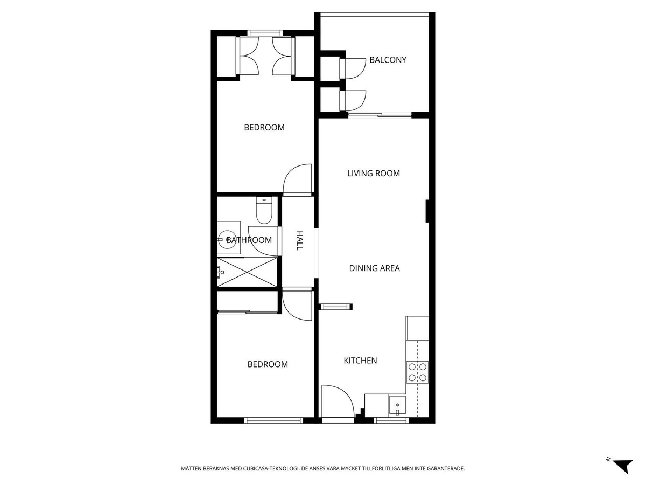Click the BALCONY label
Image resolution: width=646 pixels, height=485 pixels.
pos(388,60)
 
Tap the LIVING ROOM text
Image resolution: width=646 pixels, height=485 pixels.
pos(374,173)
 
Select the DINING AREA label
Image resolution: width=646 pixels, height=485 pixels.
pos(374,268)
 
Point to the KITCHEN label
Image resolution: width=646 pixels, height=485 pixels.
pos(360,361)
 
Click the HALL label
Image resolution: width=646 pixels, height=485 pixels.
pos(299,240)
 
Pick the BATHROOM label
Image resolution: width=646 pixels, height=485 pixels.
pos(249,240)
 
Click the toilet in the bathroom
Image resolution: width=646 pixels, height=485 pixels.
pos(264,210)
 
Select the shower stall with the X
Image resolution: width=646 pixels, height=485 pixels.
pos(247,272)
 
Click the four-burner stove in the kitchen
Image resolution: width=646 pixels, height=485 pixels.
pos(417,372)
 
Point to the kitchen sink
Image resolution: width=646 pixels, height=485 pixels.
pos(397,406)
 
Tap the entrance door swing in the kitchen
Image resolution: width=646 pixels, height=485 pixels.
pos(338,401)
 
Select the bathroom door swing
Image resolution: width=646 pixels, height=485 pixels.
pos(264,241)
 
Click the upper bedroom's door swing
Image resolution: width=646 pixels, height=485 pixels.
pos(297,179)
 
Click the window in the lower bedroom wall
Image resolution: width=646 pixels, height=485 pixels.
pos(273,420)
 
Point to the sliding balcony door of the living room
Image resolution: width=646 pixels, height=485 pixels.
pos(380,115)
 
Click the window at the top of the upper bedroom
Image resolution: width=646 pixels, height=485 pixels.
pos(265,33)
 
